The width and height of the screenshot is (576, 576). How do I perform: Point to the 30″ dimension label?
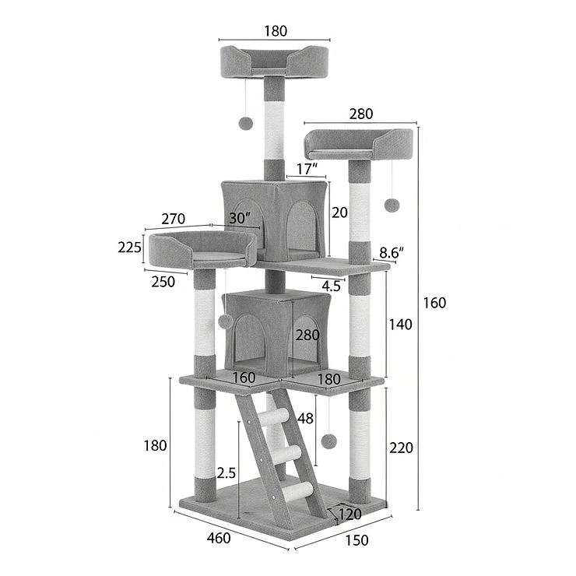click(241, 219)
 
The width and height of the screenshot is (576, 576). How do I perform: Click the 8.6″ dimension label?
click(392, 252)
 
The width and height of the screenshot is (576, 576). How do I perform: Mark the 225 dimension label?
click(129, 248)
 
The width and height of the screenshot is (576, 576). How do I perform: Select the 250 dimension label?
click(163, 283)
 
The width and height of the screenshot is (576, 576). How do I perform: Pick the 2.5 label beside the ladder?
click(226, 472)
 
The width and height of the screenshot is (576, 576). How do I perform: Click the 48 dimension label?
click(306, 419)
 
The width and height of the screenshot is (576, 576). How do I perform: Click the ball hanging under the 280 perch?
click(392, 205)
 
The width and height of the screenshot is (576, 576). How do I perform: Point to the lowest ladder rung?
click(298, 490)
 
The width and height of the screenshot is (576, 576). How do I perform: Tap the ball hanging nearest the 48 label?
click(329, 441)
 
